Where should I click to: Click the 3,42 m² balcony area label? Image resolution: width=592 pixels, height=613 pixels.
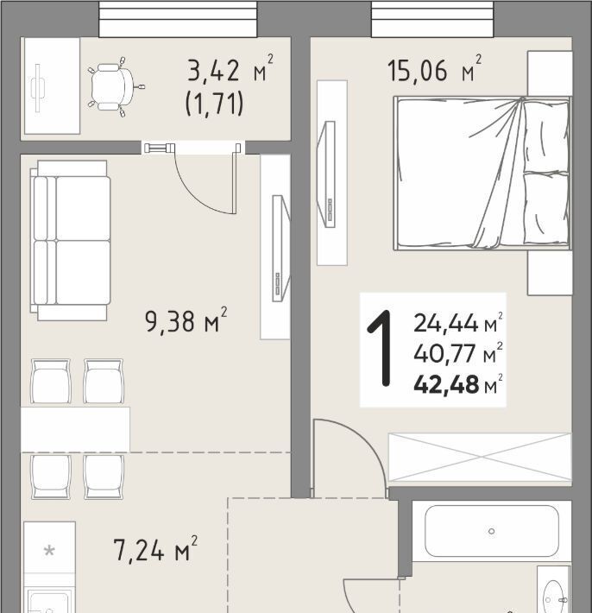(x=230, y=70)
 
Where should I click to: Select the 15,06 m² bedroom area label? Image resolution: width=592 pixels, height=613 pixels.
(x=434, y=70)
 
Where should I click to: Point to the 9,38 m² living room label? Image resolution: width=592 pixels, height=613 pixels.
(x=186, y=319)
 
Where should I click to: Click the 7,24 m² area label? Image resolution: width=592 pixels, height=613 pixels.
(x=155, y=549)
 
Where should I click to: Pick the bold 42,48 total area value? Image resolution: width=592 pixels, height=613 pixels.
(x=446, y=385)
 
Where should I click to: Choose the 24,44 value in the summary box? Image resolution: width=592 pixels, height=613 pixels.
(x=446, y=323)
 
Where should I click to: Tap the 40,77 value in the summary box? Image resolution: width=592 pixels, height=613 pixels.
(x=445, y=354)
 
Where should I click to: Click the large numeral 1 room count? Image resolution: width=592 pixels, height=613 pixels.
(x=381, y=348)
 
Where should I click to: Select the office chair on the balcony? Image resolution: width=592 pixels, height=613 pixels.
(x=116, y=87)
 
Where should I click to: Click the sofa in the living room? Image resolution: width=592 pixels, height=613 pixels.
(x=70, y=240)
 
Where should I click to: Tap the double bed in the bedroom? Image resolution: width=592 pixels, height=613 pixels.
(x=482, y=173)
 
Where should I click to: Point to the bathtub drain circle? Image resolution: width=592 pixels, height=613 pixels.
(x=492, y=531)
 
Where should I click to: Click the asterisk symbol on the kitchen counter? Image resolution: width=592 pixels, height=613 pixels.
(x=49, y=551)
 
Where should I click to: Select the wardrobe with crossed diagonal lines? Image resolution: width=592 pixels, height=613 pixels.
(x=480, y=457)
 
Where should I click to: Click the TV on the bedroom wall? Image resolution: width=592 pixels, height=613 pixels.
(x=327, y=174)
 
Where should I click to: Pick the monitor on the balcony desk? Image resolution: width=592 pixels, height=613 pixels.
(x=37, y=88)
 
